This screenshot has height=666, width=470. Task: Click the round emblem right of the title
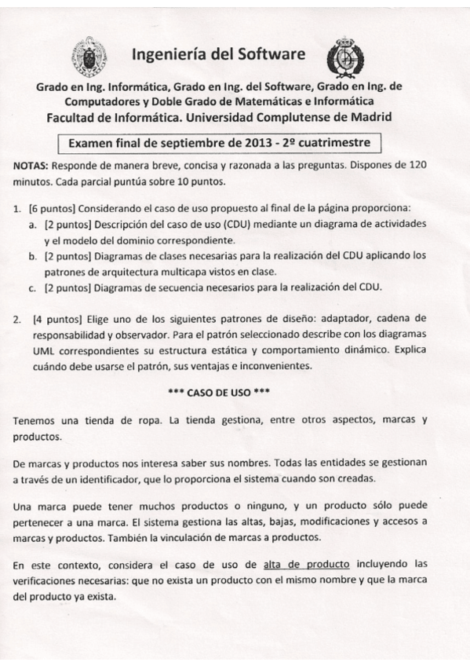[x=344, y=56]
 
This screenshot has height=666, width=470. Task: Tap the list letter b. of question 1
[x=33, y=255]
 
